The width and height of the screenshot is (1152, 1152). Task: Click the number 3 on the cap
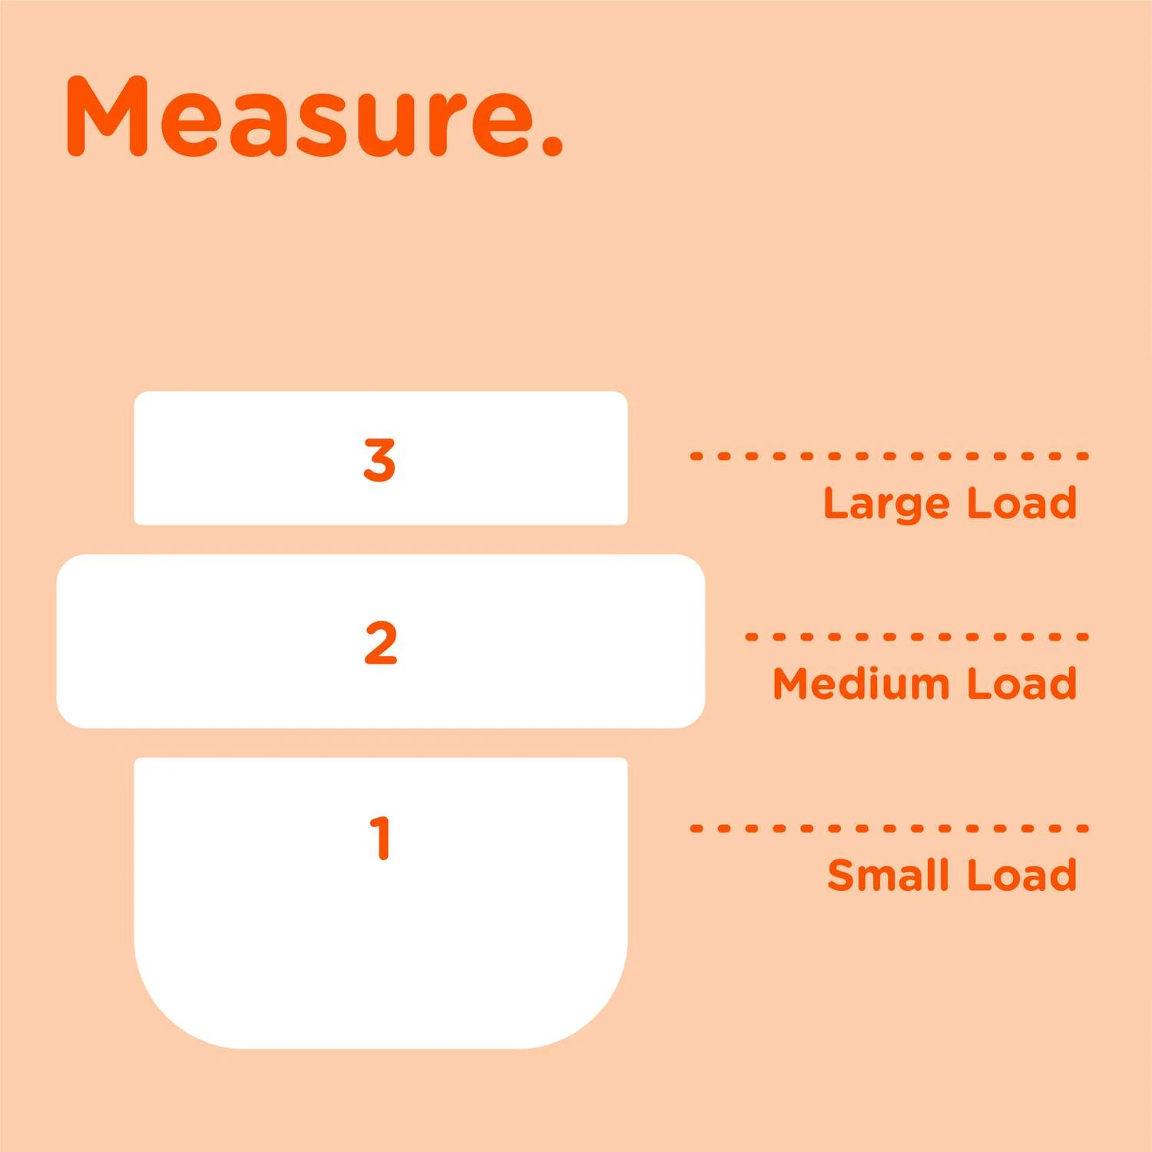coord(379,460)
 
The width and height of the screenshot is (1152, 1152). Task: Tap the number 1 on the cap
coord(381,837)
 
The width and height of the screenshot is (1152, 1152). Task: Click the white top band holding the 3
coord(381,458)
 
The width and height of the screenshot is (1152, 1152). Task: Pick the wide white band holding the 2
coord(381,641)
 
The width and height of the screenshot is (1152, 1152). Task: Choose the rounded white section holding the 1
coord(381,903)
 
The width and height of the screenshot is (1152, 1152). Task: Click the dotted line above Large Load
coord(889,456)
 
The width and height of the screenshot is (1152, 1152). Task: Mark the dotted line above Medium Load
coord(917,637)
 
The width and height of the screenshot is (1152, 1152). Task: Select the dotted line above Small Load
coord(889,829)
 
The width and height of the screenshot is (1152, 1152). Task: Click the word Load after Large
coord(1022,503)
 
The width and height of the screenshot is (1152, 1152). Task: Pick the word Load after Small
coord(1022,875)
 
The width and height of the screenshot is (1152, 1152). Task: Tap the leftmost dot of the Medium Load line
coord(750,637)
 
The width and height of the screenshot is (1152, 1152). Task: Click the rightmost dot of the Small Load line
coord(1084,829)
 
